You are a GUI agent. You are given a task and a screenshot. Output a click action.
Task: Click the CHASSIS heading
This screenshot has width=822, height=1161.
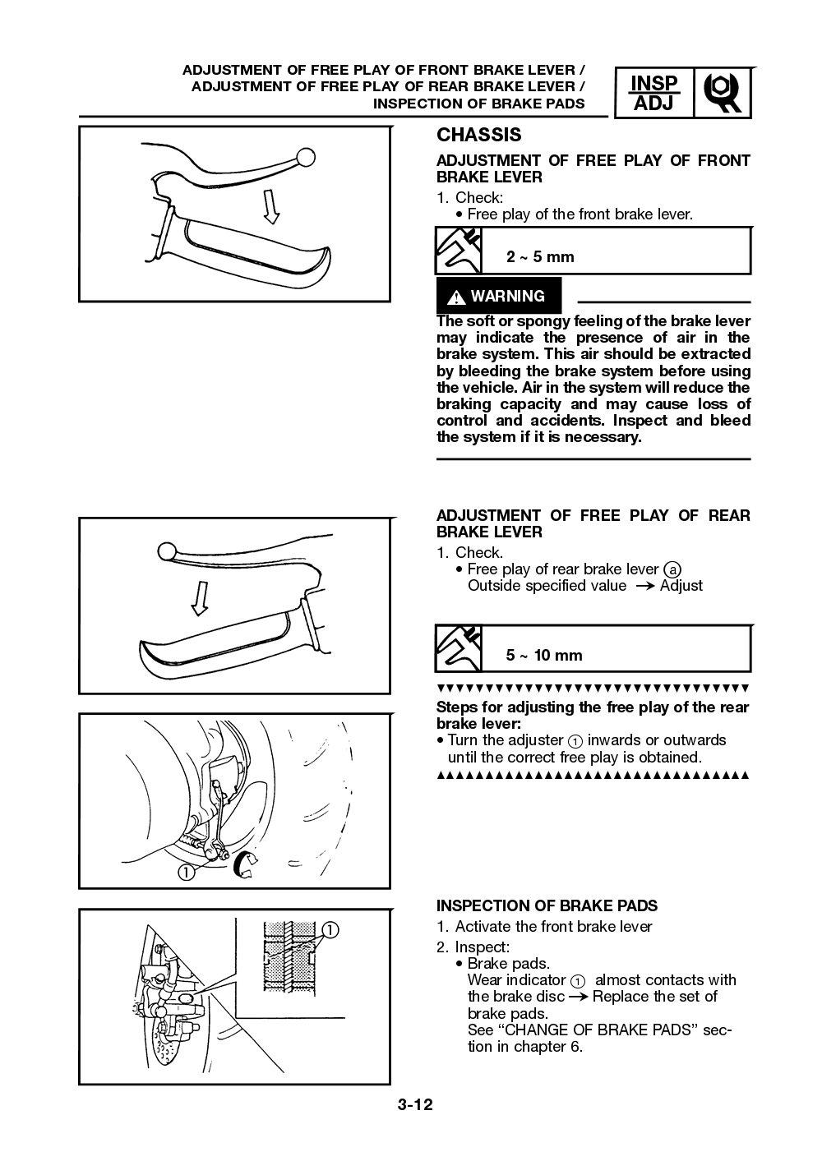pyautogui.click(x=478, y=135)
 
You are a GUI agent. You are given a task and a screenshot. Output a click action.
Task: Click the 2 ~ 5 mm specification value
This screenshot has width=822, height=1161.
pyautogui.click(x=540, y=256)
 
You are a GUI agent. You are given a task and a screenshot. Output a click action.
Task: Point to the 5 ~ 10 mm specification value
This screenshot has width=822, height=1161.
pyautogui.click(x=544, y=655)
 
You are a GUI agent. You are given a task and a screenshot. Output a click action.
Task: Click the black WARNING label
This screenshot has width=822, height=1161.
pyautogui.click(x=499, y=296)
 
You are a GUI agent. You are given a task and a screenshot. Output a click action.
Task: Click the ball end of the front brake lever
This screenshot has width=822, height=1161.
pyautogui.click(x=306, y=157)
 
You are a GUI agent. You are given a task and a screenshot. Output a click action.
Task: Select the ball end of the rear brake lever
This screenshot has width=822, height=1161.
pyautogui.click(x=167, y=551)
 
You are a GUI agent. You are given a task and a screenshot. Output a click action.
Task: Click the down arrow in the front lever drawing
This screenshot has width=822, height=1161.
pyautogui.click(x=270, y=207)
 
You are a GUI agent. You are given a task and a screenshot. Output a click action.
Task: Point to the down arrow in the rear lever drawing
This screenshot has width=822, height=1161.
pyautogui.click(x=200, y=599)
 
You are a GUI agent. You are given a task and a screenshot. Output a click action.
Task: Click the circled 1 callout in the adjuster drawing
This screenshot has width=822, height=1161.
pyautogui.click(x=186, y=872)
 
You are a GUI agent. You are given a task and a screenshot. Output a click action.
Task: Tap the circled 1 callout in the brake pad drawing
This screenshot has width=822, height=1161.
pyautogui.click(x=331, y=930)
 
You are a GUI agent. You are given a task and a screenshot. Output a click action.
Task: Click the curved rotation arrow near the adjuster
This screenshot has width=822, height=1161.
pyautogui.click(x=245, y=864)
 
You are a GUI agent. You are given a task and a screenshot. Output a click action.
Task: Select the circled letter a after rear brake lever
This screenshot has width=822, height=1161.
pyautogui.click(x=672, y=570)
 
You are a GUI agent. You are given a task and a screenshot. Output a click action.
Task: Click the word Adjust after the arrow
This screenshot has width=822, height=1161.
pyautogui.click(x=681, y=586)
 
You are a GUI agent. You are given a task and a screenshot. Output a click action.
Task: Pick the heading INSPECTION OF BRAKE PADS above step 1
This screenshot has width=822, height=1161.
pyautogui.click(x=547, y=905)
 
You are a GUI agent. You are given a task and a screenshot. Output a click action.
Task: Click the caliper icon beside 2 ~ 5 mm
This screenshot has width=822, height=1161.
pyautogui.click(x=459, y=251)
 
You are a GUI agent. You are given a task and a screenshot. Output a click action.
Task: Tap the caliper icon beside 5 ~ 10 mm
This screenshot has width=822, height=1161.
pyautogui.click(x=459, y=648)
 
